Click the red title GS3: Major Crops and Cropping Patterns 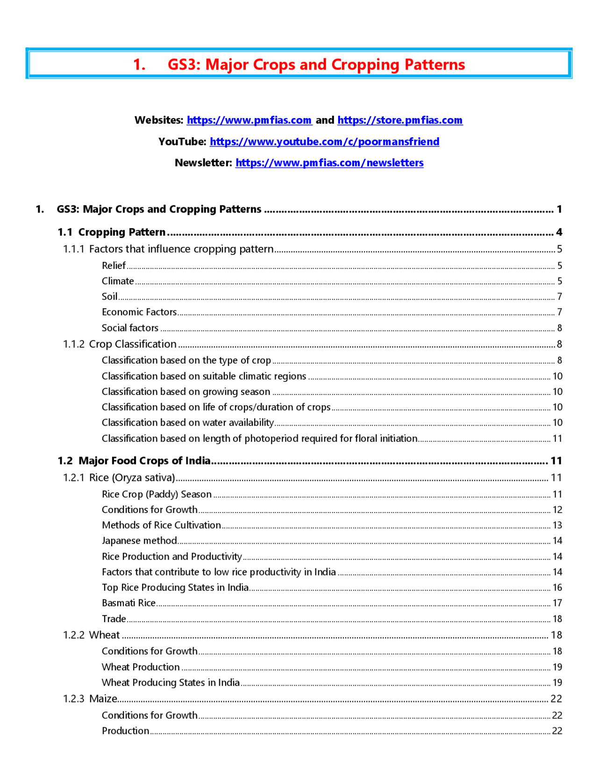point(299,64)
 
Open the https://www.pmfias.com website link point(249,120)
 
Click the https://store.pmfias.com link point(400,120)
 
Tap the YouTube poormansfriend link point(324,142)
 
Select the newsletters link point(329,163)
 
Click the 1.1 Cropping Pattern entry point(112,232)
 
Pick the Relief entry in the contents point(114,266)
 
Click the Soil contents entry point(109,296)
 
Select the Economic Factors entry point(139,312)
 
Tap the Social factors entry point(130,328)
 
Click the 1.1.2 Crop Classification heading point(120,344)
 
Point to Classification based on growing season point(186,392)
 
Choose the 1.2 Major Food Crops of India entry point(134,461)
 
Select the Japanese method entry point(139,541)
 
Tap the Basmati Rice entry point(128,603)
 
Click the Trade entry point(114,618)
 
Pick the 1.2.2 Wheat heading point(92,635)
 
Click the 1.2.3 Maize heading point(90,699)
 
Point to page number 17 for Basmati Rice point(557,603)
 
